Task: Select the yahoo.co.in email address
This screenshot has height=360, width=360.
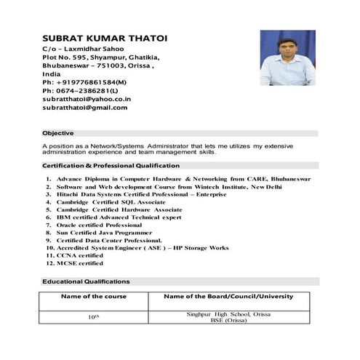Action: (x=86, y=98)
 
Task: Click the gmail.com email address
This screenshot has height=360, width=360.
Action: (x=84, y=108)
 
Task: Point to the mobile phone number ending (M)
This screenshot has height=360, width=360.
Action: (x=84, y=82)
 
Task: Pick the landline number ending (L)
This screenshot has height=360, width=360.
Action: (x=79, y=90)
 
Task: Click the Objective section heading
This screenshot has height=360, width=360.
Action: (x=58, y=133)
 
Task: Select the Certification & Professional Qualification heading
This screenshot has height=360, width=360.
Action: (x=111, y=166)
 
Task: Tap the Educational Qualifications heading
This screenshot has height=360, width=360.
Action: (x=86, y=281)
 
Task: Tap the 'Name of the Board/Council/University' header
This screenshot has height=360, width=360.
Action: (x=228, y=297)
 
